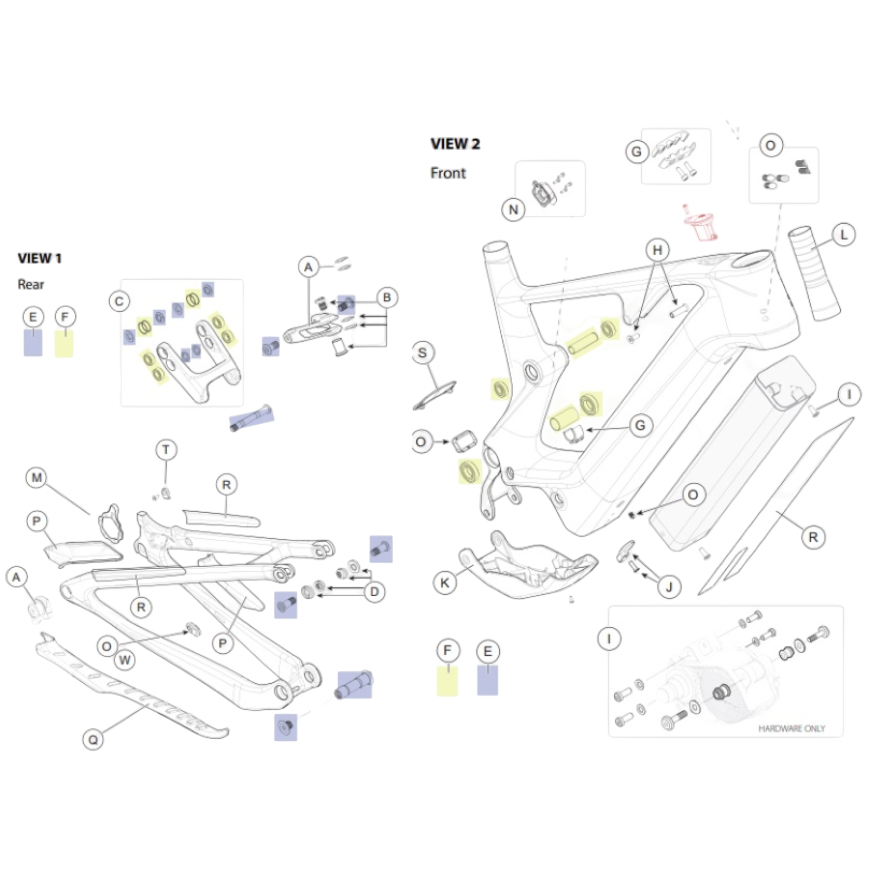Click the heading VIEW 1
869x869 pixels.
pyautogui.click(x=40, y=258)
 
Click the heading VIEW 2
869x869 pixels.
pyautogui.click(x=455, y=144)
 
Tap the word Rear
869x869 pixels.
pyautogui.click(x=31, y=285)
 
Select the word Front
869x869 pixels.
pyautogui.click(x=448, y=173)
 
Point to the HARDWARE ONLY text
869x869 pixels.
pyautogui.click(x=791, y=728)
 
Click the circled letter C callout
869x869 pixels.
pyautogui.click(x=119, y=301)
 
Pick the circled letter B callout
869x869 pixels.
pyautogui.click(x=387, y=298)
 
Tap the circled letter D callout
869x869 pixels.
pyautogui.click(x=374, y=591)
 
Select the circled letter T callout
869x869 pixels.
pyautogui.click(x=166, y=450)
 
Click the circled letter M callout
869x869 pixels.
pyautogui.click(x=36, y=478)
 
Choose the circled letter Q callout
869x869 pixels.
pyautogui.click(x=93, y=740)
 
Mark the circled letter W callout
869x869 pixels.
pyautogui.click(x=125, y=660)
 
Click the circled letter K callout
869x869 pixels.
pyautogui.click(x=444, y=583)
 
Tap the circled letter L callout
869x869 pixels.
pyautogui.click(x=843, y=235)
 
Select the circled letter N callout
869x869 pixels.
pyautogui.click(x=513, y=210)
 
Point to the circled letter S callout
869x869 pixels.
pyautogui.click(x=423, y=353)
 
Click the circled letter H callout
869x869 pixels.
pyautogui.click(x=657, y=250)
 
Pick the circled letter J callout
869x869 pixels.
pyautogui.click(x=669, y=587)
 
